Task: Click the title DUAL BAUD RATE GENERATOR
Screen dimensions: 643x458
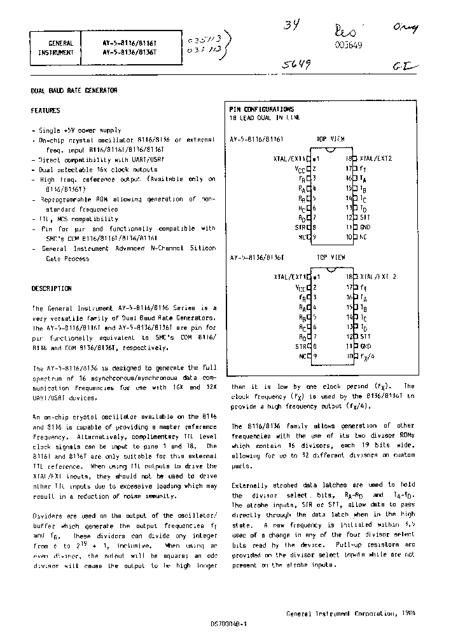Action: pyautogui.click(x=74, y=91)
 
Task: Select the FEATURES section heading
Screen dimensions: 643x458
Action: pyautogui.click(x=46, y=111)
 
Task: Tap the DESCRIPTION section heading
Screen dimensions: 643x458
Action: pyautogui.click(x=52, y=288)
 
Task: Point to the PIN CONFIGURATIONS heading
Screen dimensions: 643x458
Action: pyautogui.click(x=261, y=109)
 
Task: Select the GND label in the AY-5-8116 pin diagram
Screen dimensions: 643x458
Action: pyautogui.click(x=365, y=226)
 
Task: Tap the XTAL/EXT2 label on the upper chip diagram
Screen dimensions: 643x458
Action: pyautogui.click(x=376, y=158)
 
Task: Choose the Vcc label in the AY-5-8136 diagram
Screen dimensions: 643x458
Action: pyautogui.click(x=300, y=287)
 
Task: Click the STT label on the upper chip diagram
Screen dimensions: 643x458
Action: pyautogui.click(x=365, y=217)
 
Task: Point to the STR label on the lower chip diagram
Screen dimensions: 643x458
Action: pyautogui.click(x=300, y=346)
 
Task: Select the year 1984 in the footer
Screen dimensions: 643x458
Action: pyautogui.click(x=409, y=614)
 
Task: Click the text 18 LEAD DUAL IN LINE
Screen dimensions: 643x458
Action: pyautogui.click(x=264, y=118)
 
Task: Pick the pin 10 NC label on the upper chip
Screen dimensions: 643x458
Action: pyautogui.click(x=364, y=237)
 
